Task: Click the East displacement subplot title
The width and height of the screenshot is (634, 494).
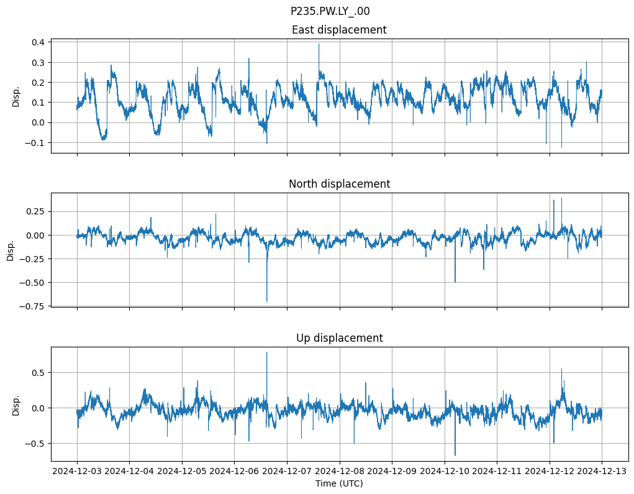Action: pos(339,30)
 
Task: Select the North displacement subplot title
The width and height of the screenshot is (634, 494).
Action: pos(339,184)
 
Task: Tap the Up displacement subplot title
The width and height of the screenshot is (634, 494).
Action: pos(339,338)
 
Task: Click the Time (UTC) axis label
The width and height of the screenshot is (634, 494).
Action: pos(339,483)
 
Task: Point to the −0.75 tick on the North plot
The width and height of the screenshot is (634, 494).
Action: pos(32,306)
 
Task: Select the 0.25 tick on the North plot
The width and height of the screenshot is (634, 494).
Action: pos(35,211)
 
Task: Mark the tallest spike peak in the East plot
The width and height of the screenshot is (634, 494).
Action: pos(319,43)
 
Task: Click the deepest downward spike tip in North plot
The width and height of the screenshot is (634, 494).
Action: pos(267,301)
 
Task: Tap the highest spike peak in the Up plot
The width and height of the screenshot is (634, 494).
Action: pos(267,352)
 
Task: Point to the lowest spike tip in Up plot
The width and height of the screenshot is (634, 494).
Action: pos(455,455)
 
